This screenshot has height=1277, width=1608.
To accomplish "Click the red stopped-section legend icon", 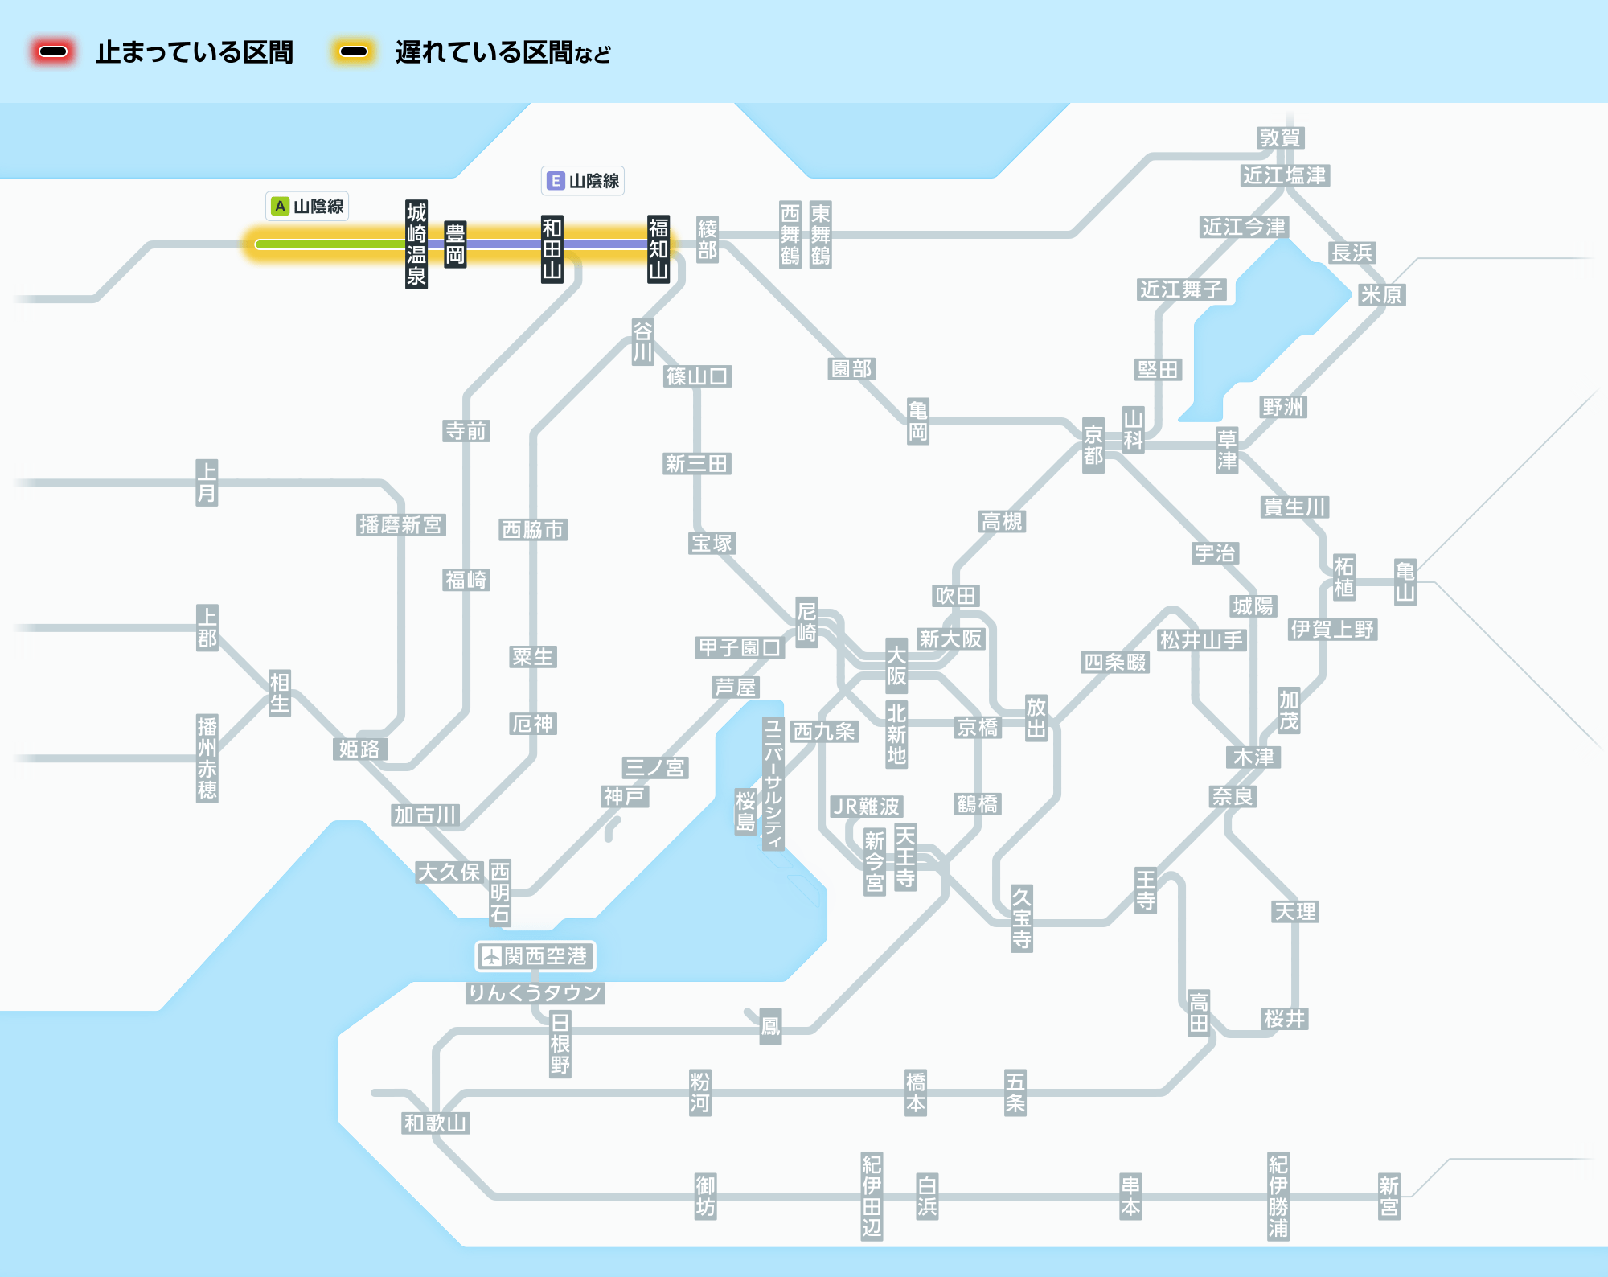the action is tap(53, 52).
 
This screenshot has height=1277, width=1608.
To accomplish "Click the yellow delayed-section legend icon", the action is tap(354, 52).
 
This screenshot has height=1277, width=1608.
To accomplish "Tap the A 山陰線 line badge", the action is tap(307, 207).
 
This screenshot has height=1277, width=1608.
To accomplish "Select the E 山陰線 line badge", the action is tap(583, 181).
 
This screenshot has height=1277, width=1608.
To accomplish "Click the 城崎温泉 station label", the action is tap(416, 244).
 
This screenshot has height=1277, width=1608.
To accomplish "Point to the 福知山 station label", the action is tap(658, 248).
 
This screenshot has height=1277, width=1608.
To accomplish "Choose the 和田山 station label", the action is tap(552, 248).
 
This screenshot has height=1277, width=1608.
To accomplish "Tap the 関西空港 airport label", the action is tap(535, 956).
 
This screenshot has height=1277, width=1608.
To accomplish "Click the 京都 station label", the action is tap(1093, 446).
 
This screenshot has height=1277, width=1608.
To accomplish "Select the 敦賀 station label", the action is tap(1281, 138).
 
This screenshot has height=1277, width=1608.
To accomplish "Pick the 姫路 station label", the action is tap(359, 749).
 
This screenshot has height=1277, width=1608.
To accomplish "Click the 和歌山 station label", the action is tap(436, 1123).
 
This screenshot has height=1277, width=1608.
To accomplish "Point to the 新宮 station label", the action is tap(1389, 1197).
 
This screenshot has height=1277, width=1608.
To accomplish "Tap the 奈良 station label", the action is tap(1233, 797).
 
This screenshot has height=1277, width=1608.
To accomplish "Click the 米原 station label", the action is tap(1381, 295).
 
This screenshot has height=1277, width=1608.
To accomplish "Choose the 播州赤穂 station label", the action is tap(207, 758).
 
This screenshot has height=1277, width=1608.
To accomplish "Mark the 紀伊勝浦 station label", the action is tap(1278, 1197).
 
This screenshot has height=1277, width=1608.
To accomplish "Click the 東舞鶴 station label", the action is tap(820, 234).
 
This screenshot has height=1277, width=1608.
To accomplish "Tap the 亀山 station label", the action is tap(1405, 582).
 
